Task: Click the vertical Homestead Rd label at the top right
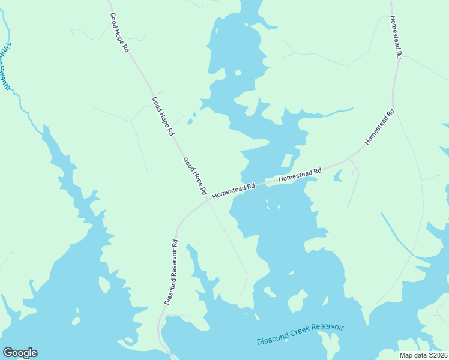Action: [x=396, y=37]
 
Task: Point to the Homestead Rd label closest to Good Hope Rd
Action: [x=234, y=191]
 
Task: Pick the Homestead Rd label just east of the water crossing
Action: [x=300, y=175]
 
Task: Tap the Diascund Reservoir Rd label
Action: [x=171, y=272]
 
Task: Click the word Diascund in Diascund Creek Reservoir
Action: [x=273, y=338]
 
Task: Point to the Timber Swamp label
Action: [x=5, y=66]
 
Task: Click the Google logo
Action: [x=20, y=353]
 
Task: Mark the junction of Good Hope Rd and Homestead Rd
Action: [x=208, y=201]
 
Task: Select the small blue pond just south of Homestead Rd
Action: [x=338, y=175]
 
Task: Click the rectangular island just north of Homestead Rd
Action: [x=287, y=161]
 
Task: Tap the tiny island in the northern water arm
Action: [x=238, y=73]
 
